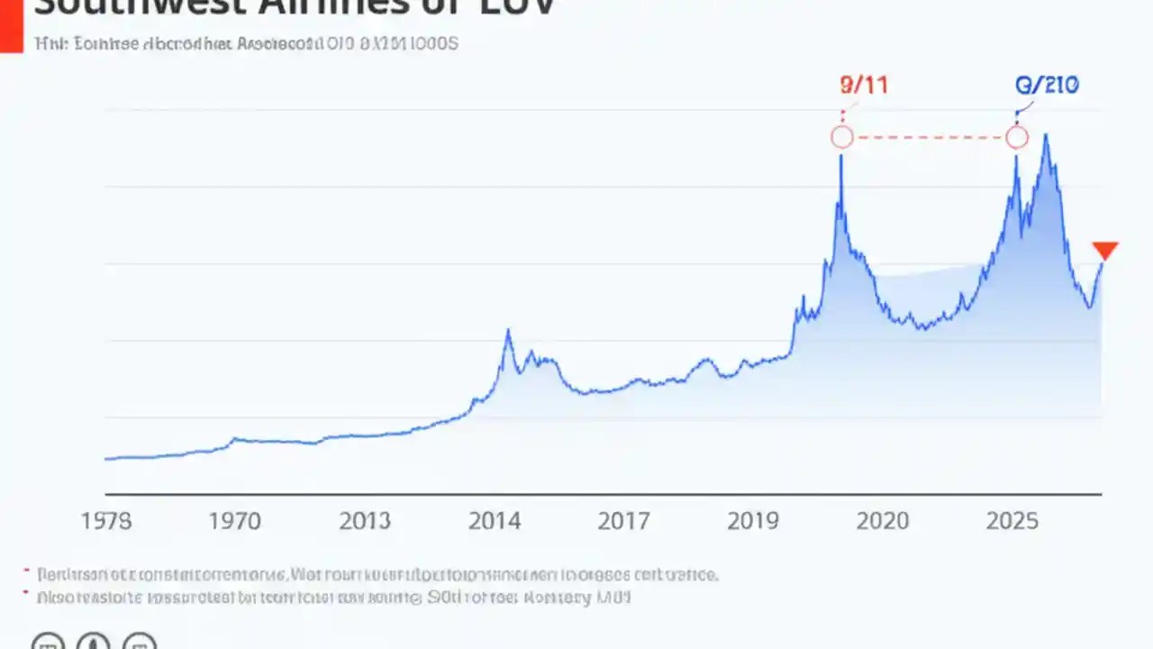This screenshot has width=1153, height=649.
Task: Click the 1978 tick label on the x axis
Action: point(106,521)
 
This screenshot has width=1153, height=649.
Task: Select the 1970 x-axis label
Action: point(235,521)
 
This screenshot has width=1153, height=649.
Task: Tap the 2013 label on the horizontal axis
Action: point(365,521)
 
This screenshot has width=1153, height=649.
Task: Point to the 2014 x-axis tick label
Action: point(495,521)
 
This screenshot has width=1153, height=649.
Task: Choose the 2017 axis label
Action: point(624,521)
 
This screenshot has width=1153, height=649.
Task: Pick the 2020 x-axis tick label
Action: point(884,521)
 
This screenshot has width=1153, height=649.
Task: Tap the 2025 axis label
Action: point(1013,521)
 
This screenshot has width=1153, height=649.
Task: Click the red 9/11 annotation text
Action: point(863,86)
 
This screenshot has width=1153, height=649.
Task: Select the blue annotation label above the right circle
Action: point(1048,86)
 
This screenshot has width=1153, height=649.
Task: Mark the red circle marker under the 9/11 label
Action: point(841,137)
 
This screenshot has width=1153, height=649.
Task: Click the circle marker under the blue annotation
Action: point(1016,137)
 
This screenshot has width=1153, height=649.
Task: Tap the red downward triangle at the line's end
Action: point(1104,251)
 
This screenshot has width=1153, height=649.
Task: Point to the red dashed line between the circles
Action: point(929,137)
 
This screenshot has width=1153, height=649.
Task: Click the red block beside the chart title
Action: point(11,25)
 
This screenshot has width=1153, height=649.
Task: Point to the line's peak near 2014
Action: point(508,331)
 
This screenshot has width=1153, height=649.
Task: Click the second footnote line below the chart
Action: point(333,597)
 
